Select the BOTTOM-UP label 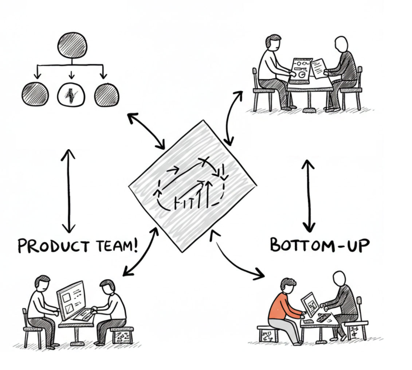[319, 245]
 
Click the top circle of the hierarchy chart [72, 45]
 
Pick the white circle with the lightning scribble [71, 95]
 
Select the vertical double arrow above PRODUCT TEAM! [68, 191]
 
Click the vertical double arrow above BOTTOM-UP [309, 195]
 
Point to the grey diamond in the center [192, 186]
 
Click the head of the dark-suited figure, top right [341, 44]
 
